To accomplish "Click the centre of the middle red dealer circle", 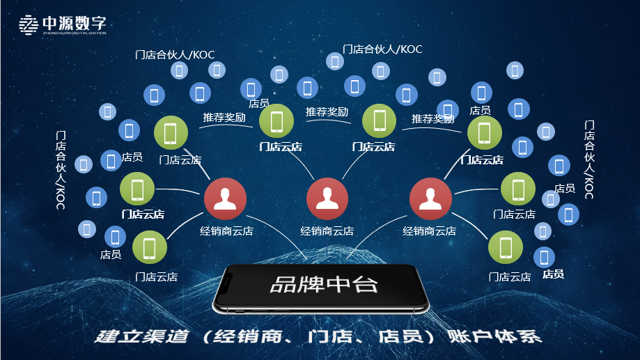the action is pos(327,198).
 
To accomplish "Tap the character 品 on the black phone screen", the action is pos(283,285).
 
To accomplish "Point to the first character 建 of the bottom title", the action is pos(107,336).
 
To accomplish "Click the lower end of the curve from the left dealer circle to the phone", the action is pos(306,259).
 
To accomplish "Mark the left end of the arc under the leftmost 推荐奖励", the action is pos(200,128).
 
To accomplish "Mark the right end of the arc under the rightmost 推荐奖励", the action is pos(461,132).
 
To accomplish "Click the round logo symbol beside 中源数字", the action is pos(29,25).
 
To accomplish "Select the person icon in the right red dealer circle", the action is pos(430,198).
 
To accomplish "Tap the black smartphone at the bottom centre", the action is pos(321,288).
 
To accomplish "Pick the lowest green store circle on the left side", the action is pos(150,247).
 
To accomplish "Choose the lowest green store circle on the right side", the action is pos(506,247).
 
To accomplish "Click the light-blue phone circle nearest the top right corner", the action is pos(515,70).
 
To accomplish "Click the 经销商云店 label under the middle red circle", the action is pos(327,231).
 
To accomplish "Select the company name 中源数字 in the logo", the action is pos(75,23).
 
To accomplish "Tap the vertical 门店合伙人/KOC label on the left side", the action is pos(61,170).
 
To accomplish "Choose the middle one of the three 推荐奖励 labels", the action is pos(327,112).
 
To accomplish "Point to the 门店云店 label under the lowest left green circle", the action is pos(156,276).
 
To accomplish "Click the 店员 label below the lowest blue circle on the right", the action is pos(553,274).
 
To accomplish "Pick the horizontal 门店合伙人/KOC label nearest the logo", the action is pos(175,55).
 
